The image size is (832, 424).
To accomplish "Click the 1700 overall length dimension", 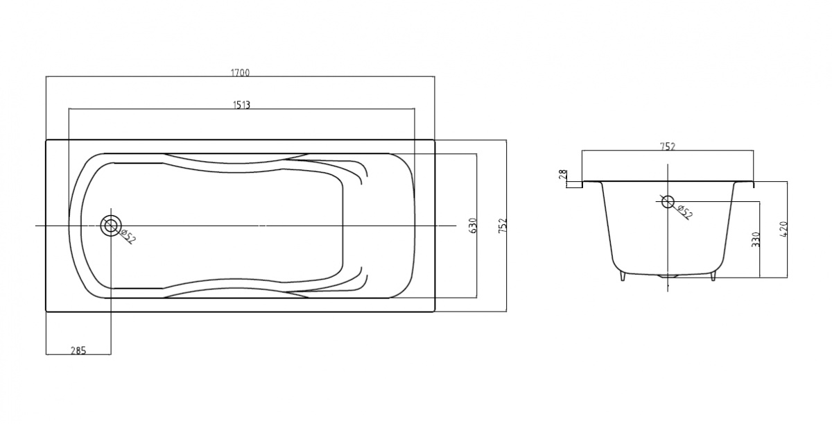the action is [x=241, y=72].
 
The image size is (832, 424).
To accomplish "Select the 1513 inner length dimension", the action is [x=241, y=105].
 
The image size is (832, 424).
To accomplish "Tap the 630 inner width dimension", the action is [x=473, y=226].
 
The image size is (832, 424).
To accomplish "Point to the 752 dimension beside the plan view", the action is [x=502, y=226].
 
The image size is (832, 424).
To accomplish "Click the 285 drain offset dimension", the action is [x=78, y=350].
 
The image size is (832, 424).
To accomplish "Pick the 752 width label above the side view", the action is [x=668, y=146].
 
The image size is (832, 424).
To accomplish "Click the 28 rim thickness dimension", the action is [x=563, y=175].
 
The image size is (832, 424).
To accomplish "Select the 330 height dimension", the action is [x=756, y=239].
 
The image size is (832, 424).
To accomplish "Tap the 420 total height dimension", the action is [x=783, y=230].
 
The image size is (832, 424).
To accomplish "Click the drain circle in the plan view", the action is [x=111, y=226].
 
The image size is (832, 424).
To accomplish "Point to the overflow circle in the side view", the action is [x=668, y=201].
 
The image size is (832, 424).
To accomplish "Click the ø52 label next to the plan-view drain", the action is [x=128, y=237].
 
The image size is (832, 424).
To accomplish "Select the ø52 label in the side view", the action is [x=685, y=212].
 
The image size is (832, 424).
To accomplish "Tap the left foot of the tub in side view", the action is [x=623, y=276].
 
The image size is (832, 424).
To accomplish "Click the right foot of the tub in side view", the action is [x=713, y=276].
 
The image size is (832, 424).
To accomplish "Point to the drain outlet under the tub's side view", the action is [x=668, y=276].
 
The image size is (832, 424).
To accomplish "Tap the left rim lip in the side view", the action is [x=591, y=183].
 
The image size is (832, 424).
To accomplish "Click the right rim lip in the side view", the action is [x=744, y=183].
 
